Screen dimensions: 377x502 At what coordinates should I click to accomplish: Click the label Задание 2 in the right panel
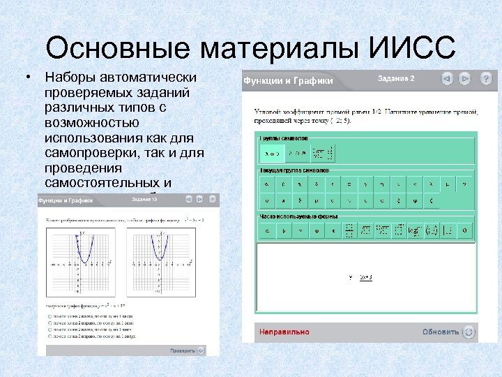[395, 79]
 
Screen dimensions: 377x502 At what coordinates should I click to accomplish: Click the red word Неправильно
[284, 332]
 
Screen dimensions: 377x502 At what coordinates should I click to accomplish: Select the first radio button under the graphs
[50, 316]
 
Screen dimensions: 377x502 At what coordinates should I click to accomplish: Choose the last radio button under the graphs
[50, 337]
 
